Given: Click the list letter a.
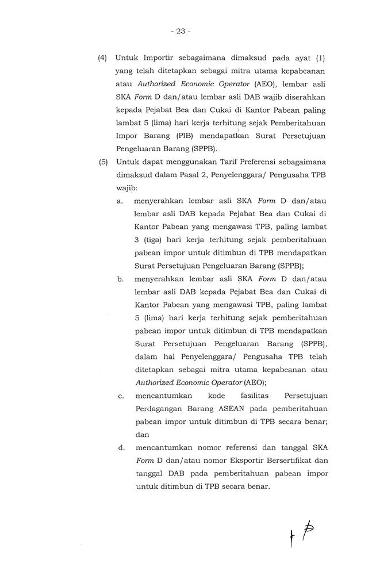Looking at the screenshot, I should (121, 201).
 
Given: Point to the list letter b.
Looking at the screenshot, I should (121, 279).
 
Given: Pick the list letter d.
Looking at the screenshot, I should (121, 447).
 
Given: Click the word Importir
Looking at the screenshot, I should (157, 58).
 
